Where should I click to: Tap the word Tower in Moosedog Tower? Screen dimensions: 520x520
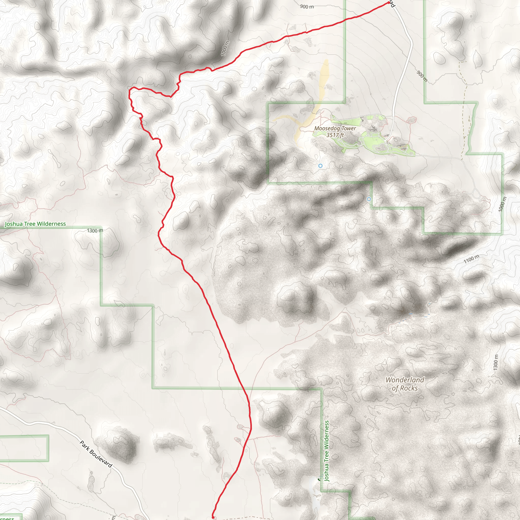(x=349, y=128)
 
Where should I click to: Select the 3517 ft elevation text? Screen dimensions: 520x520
(x=335, y=135)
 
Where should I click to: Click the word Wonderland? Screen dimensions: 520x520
(x=405, y=380)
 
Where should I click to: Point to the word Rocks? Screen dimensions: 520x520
(x=409, y=388)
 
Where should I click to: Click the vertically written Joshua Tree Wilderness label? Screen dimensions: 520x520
(x=327, y=451)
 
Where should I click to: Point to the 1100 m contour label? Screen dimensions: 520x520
(x=471, y=259)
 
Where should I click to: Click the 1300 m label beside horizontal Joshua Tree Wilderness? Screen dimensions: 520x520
(x=95, y=231)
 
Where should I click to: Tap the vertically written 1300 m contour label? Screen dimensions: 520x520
(x=496, y=362)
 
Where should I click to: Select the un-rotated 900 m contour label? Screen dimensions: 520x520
(x=307, y=6)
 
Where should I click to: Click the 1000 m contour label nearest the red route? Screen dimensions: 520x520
(x=225, y=48)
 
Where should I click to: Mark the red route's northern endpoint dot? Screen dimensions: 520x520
(x=388, y=3)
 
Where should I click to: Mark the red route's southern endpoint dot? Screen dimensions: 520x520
(x=213, y=517)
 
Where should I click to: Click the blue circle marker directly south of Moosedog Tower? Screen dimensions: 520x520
(x=320, y=166)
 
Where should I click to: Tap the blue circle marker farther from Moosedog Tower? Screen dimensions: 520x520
(x=369, y=199)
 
